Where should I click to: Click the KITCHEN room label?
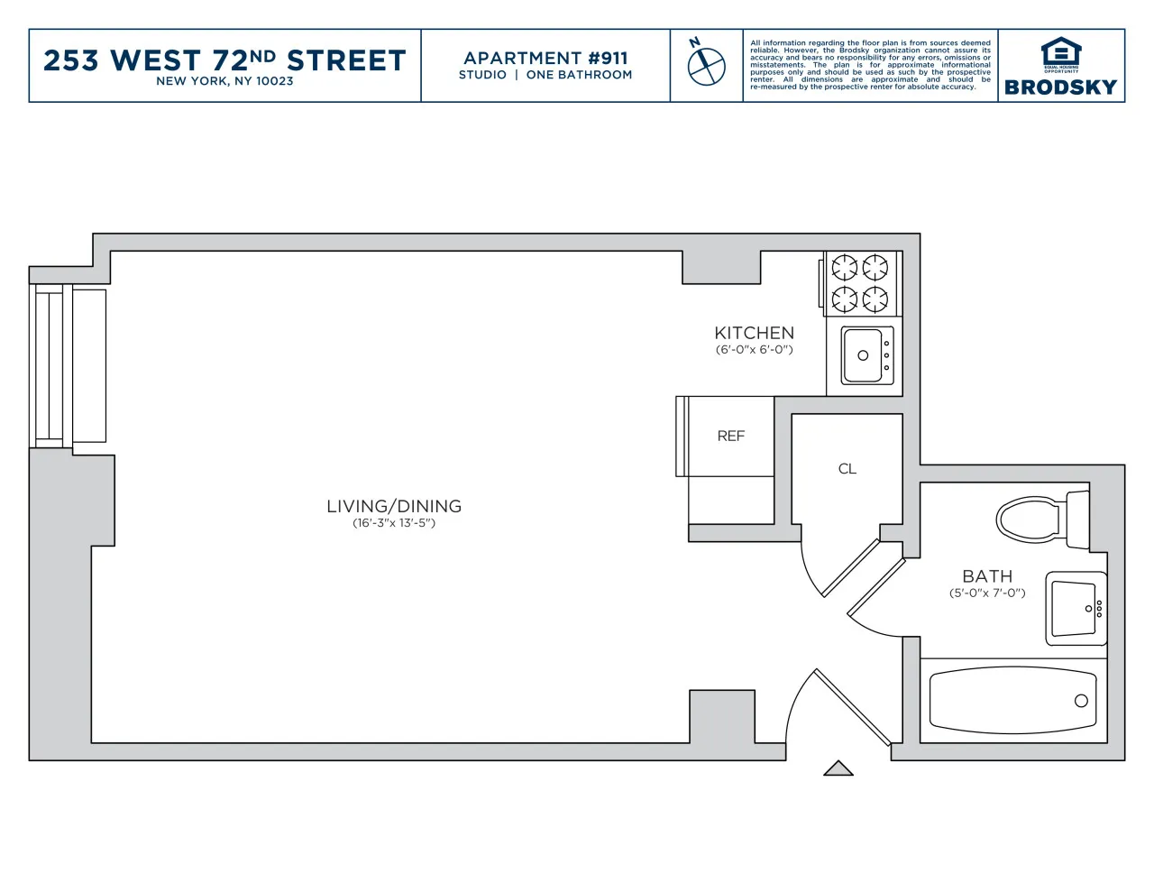pyautogui.click(x=754, y=333)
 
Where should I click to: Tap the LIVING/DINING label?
pyautogui.click(x=394, y=506)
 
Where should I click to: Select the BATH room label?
pyautogui.click(x=987, y=576)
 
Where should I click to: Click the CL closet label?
pyautogui.click(x=847, y=469)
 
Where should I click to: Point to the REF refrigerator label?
pyautogui.click(x=730, y=437)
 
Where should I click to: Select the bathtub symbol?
pyautogui.click(x=1012, y=701)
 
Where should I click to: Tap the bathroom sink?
pyautogui.click(x=1076, y=609)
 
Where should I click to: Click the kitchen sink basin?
pyautogui.click(x=864, y=355)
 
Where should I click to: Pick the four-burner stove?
pyautogui.click(x=860, y=283)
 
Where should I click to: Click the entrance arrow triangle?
pyautogui.click(x=838, y=768)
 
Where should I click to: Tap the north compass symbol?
pyautogui.click(x=706, y=65)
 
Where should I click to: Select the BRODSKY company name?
pyautogui.click(x=1060, y=87)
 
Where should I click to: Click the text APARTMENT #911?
pyautogui.click(x=545, y=58)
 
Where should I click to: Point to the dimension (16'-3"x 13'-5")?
pyautogui.click(x=394, y=523)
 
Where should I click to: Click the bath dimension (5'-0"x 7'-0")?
pyautogui.click(x=987, y=593)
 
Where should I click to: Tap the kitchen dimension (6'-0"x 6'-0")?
pyautogui.click(x=754, y=350)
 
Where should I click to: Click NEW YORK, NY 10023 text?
pyautogui.click(x=224, y=81)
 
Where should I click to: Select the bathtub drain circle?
pyautogui.click(x=1081, y=701)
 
